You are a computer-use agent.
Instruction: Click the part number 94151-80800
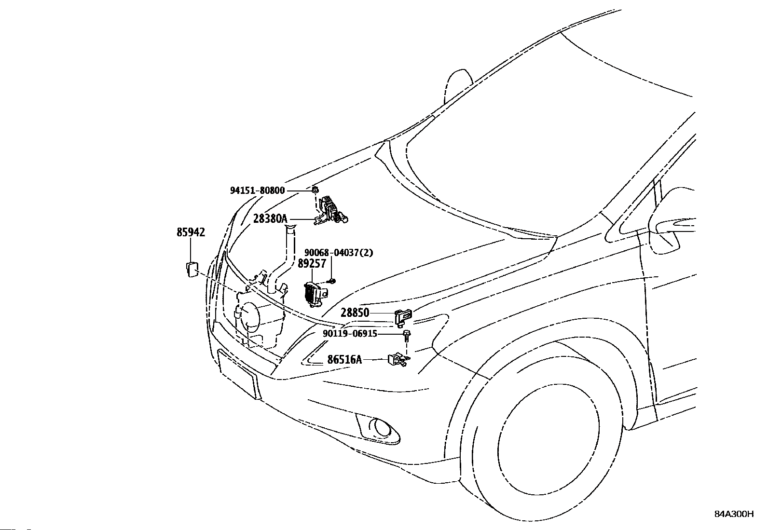tap(257, 190)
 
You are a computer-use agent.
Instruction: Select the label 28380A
tap(270, 219)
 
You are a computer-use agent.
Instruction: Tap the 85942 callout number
tap(191, 232)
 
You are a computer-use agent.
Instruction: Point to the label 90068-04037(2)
tap(339, 253)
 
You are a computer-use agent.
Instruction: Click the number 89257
tap(312, 263)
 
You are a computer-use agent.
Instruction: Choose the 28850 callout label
tap(355, 313)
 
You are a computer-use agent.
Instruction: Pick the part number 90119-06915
tap(350, 334)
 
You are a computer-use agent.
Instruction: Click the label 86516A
tap(344, 360)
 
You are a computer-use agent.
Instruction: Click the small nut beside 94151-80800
tap(315, 189)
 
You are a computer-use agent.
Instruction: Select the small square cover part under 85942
tap(192, 269)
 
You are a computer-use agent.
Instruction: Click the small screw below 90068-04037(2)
tap(331, 282)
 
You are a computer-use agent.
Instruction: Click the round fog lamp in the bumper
tap(380, 429)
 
